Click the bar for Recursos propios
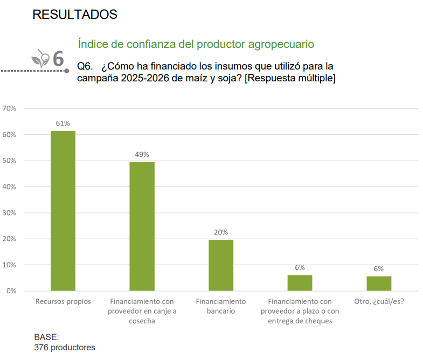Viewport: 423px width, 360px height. tap(63, 211)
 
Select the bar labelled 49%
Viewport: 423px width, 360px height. tap(142, 226)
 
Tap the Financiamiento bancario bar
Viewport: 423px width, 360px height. tap(221, 265)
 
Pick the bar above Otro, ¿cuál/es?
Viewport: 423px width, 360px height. tap(379, 283)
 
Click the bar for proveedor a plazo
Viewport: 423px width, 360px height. tap(300, 283)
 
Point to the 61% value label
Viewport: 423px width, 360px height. tap(63, 123)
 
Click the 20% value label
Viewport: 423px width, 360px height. tap(221, 232)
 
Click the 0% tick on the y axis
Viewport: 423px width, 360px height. tap(11, 291)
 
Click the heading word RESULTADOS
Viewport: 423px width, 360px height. tap(75, 15)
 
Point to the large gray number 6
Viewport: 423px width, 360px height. tap(58, 59)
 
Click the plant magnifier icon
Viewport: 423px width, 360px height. tap(41, 58)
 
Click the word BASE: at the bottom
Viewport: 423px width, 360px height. tap(46, 337)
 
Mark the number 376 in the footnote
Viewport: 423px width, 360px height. tap(41, 348)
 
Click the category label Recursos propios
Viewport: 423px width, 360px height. tap(63, 301)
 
